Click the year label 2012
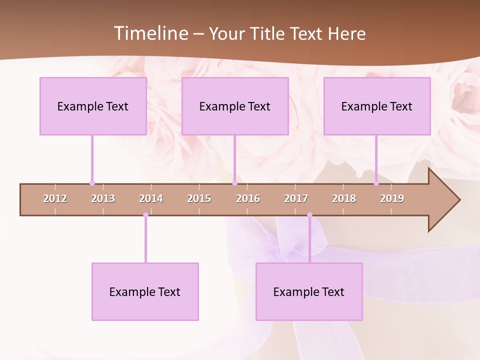point(55,198)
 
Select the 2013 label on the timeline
point(103,198)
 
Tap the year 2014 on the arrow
point(151,198)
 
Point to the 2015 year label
point(199,198)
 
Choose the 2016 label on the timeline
point(248,198)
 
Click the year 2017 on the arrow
point(296,198)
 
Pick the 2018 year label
point(344,198)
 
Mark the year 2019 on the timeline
point(392,198)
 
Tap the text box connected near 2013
point(93,106)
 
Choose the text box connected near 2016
point(235,106)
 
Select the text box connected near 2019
point(377,106)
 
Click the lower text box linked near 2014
point(145,291)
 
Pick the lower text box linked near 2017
point(309,291)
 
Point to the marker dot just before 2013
point(92,183)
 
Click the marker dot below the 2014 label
point(145,215)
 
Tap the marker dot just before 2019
point(376,183)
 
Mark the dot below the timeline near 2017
point(309,215)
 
